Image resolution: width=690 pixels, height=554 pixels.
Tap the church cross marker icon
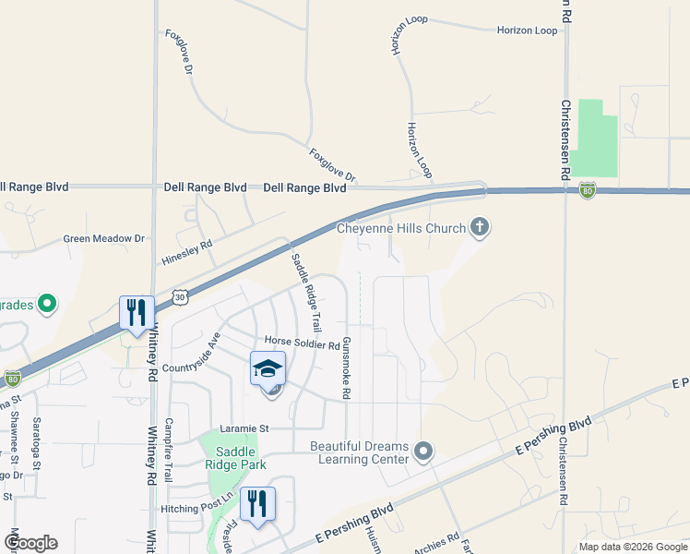click(479, 226)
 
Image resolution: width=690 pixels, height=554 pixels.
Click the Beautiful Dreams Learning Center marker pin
click(423, 452)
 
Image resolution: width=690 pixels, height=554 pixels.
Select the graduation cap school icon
click(268, 368)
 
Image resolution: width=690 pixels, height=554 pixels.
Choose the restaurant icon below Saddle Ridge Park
click(257, 503)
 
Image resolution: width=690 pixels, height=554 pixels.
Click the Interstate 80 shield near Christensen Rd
click(588, 191)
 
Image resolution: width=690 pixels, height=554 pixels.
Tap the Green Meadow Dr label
click(104, 238)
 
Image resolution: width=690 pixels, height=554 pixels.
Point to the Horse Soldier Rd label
click(302, 344)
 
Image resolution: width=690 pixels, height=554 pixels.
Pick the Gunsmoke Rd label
click(347, 367)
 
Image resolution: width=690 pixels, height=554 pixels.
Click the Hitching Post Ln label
click(198, 508)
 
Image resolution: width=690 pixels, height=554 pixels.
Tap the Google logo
click(30, 543)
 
